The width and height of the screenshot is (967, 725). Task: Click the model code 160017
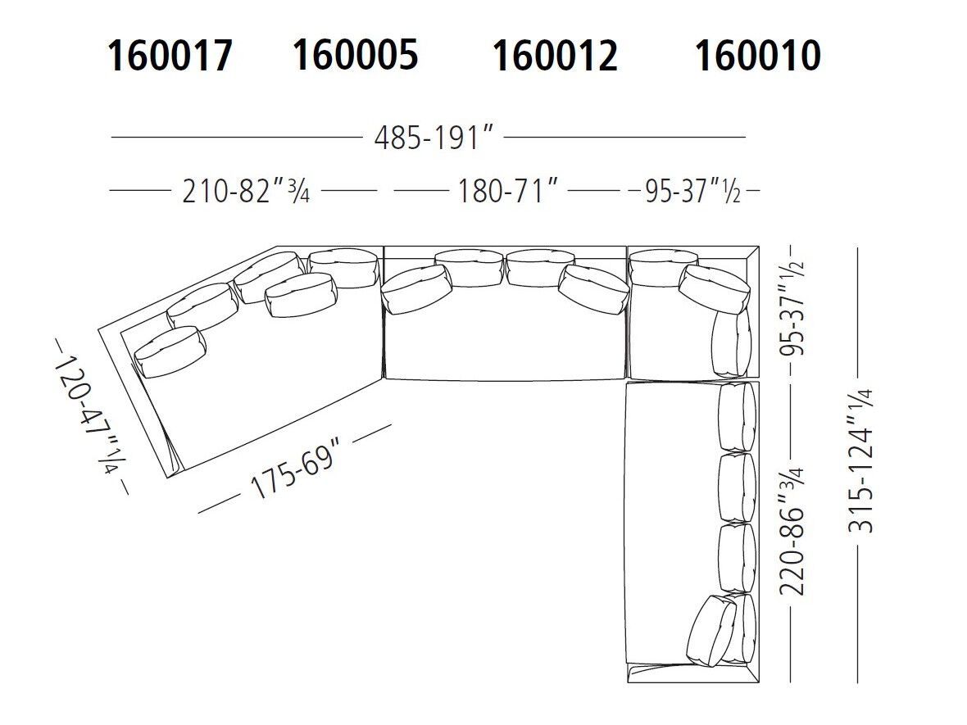click(170, 57)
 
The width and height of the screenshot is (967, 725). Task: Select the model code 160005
click(355, 55)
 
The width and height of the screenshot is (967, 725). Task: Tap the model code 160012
click(554, 57)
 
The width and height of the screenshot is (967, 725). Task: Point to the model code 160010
click(757, 57)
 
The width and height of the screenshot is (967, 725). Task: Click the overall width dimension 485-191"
click(436, 138)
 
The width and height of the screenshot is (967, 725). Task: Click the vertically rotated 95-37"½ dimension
click(794, 312)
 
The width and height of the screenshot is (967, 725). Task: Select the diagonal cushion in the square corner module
click(714, 288)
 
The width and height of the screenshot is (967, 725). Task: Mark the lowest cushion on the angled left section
click(169, 351)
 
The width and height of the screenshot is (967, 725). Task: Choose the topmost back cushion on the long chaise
click(736, 417)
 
